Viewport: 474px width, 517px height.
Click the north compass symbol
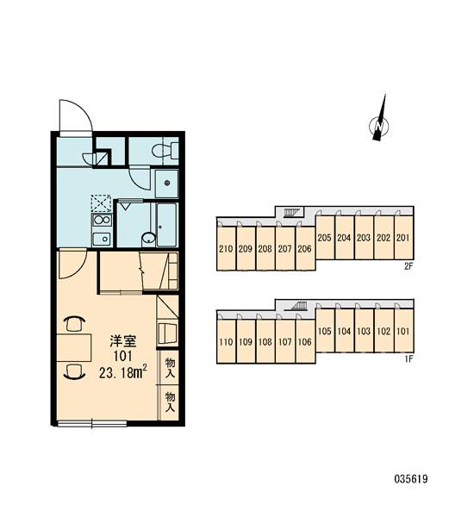379,122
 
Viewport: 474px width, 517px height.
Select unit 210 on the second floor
226,249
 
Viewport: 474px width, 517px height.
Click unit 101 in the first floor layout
403,331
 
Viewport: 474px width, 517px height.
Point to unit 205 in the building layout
325,238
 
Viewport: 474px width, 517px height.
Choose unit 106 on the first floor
305,341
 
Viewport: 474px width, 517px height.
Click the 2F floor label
409,266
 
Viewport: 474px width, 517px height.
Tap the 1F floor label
409,358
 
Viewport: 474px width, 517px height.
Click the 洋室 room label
123,341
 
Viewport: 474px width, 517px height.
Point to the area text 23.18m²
122,372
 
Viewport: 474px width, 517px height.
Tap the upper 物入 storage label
170,368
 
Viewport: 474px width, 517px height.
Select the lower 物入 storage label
170,402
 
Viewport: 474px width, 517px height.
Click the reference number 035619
411,478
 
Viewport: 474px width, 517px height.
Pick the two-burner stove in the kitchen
102,220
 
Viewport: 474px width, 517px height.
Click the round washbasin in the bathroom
149,238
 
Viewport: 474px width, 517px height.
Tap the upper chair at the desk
74,323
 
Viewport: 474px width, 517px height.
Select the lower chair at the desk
74,371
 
